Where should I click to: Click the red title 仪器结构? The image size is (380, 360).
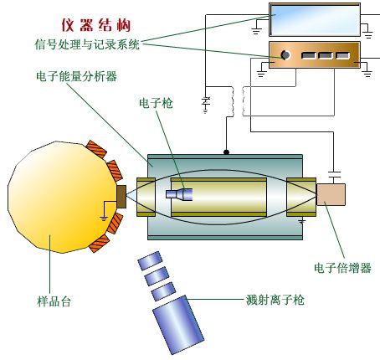[95, 25]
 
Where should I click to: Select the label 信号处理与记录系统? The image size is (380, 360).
[87, 44]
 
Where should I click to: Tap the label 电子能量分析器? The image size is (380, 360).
[76, 76]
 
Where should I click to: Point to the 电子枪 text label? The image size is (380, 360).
[156, 103]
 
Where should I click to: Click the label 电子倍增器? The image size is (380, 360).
[342, 268]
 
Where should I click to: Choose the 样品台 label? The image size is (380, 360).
[54, 301]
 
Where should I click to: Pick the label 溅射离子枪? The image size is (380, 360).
[275, 300]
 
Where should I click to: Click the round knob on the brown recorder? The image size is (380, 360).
[285, 55]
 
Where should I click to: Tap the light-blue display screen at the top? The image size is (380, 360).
[315, 20]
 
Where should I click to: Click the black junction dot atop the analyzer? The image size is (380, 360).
[226, 152]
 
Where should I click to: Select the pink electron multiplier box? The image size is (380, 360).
[331, 194]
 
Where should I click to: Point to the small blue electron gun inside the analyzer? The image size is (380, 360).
[179, 194]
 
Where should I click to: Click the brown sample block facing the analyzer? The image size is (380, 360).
[121, 197]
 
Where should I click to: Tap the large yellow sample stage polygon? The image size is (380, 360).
[60, 197]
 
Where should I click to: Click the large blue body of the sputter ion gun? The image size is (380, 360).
[178, 325]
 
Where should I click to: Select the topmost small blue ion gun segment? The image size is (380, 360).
[150, 260]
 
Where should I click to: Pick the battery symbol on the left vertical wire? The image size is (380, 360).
[206, 102]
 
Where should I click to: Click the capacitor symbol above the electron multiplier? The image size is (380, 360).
[334, 175]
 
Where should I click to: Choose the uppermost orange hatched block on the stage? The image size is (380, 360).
[96, 149]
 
